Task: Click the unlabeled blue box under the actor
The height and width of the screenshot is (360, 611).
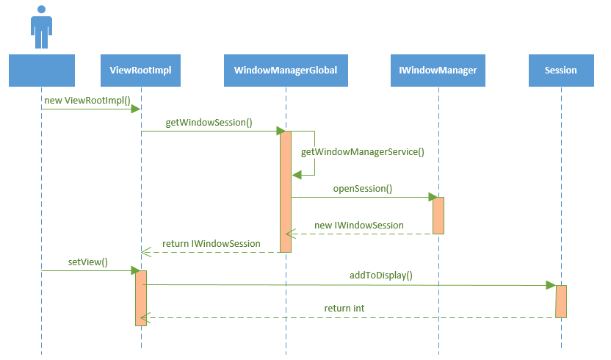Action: click(42, 71)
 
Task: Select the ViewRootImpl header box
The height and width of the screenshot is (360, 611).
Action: click(140, 71)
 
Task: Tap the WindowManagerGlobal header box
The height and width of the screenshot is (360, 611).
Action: click(286, 71)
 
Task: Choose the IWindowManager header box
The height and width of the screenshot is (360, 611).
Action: click(438, 71)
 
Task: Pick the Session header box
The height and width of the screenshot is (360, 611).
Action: click(561, 71)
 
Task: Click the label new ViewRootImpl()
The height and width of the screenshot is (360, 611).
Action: click(87, 100)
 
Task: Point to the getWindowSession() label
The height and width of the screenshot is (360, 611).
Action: click(209, 123)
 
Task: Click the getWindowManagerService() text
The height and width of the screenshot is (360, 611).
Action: click(363, 152)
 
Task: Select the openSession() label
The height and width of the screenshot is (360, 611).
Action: click(363, 189)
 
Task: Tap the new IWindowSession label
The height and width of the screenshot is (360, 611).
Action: click(358, 225)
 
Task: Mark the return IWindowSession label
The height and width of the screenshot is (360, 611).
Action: click(211, 243)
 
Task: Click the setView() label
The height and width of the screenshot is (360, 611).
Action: click(93, 262)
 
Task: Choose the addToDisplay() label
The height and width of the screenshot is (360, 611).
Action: click(381, 276)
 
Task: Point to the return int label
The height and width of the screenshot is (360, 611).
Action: click(344, 308)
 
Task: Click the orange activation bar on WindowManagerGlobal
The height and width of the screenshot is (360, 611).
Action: click(286, 191)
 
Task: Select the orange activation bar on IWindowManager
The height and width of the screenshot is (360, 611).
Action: click(438, 215)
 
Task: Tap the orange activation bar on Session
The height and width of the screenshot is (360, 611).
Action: click(561, 301)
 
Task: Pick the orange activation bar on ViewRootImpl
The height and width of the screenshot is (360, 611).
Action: click(141, 298)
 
